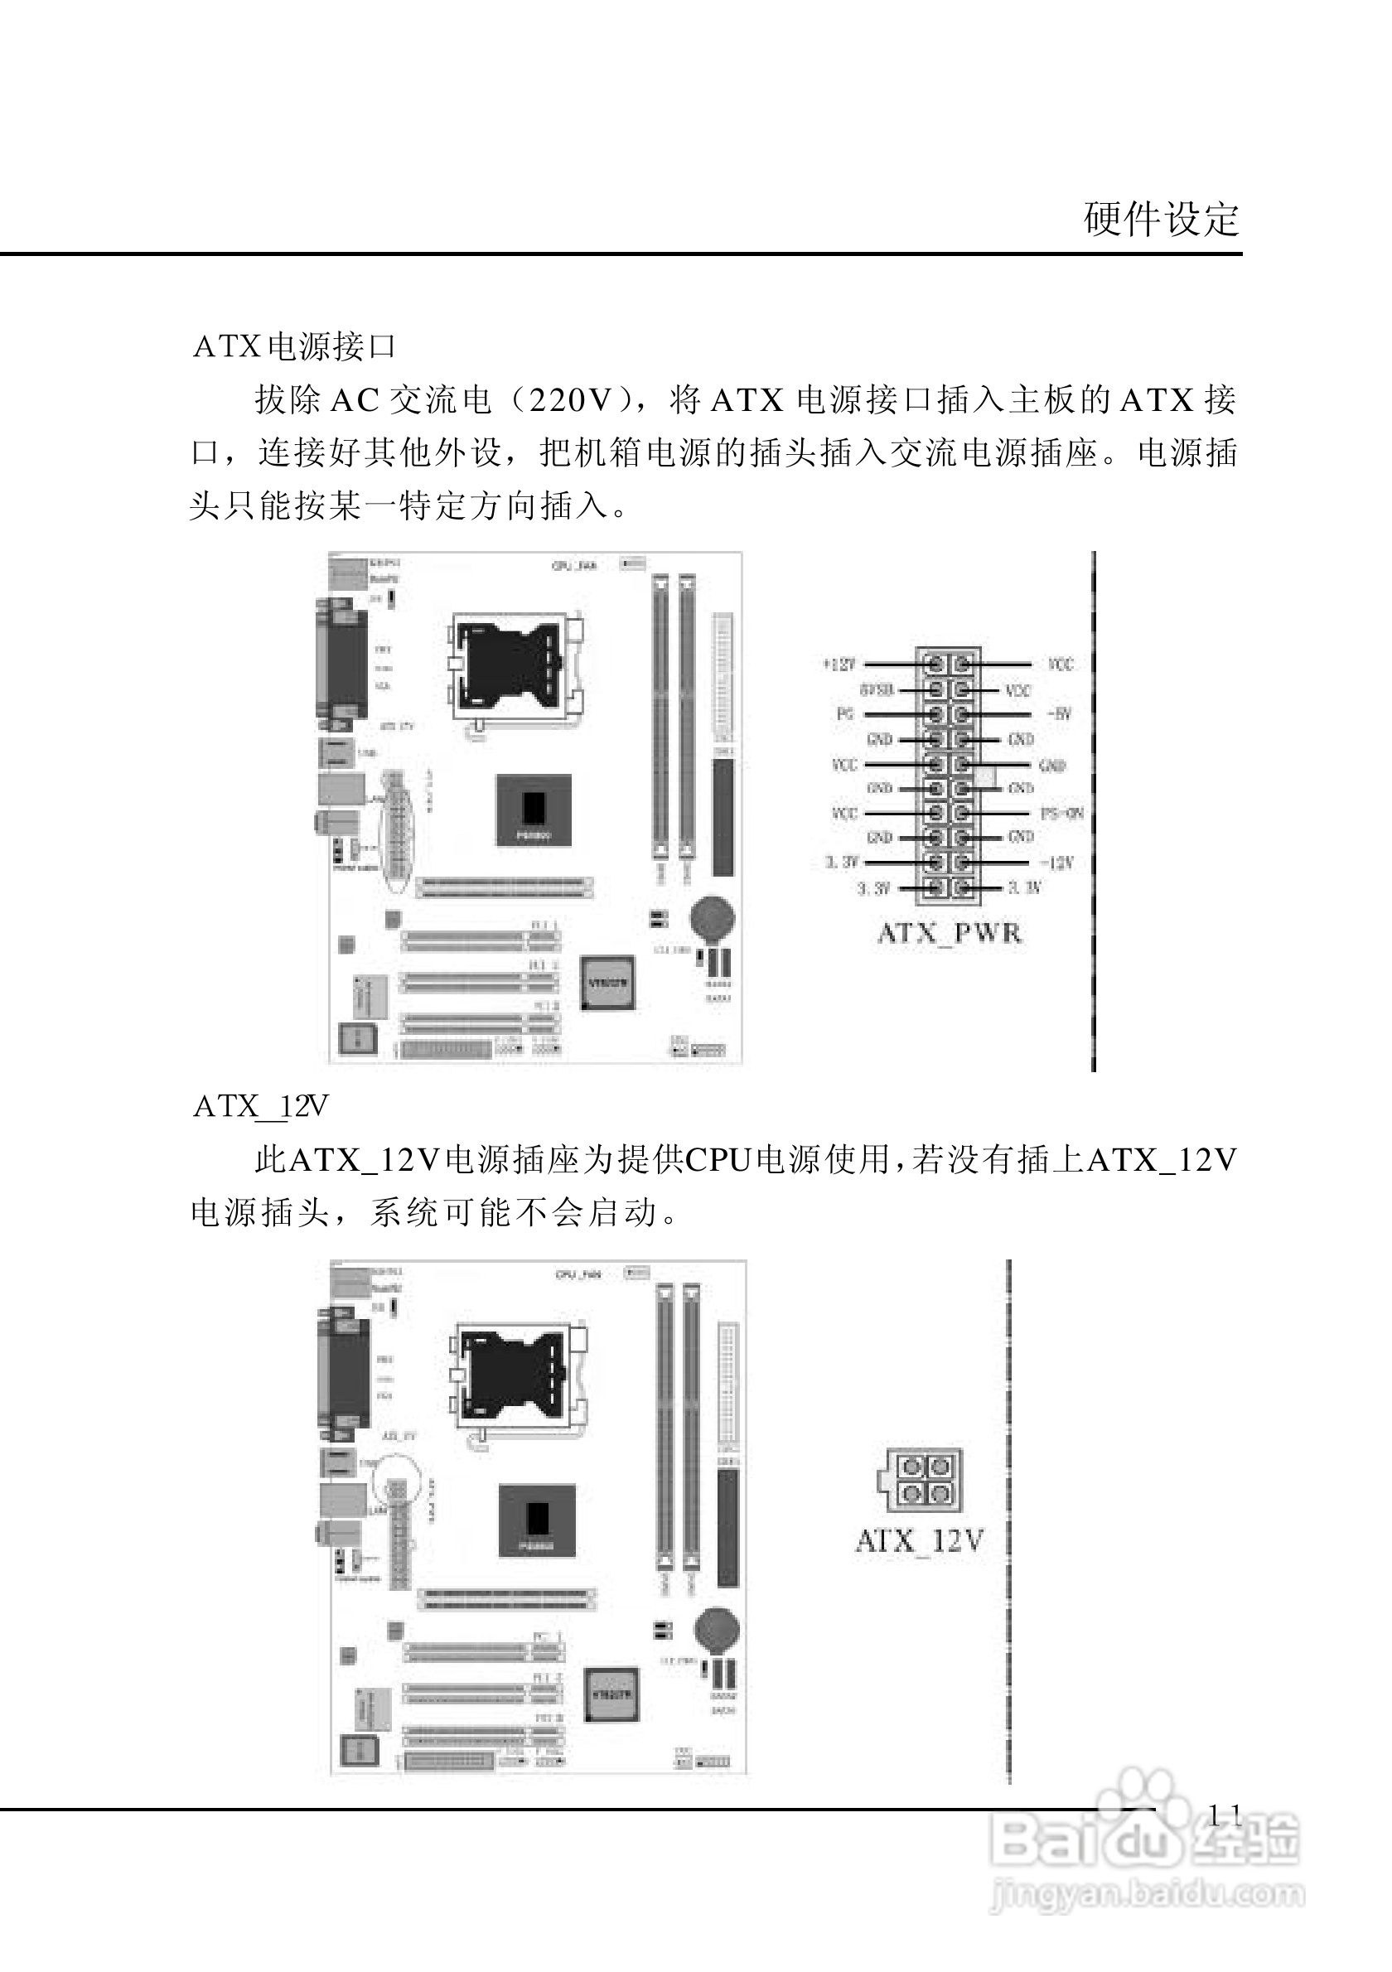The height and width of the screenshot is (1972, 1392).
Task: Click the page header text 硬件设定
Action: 1161,219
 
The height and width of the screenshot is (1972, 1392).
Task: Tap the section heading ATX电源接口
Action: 294,346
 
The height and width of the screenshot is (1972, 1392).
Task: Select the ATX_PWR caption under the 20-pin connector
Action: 949,933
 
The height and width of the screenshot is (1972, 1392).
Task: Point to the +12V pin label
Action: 839,664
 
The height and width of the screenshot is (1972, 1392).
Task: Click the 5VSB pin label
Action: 876,689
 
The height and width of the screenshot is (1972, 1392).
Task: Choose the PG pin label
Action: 844,713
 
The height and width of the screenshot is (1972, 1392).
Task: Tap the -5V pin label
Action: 1059,713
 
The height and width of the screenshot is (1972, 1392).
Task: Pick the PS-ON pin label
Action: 1061,813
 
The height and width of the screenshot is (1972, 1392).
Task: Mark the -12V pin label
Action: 1056,863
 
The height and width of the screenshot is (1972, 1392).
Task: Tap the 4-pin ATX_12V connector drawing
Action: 921,1480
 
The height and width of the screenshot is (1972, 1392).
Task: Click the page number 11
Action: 1225,1815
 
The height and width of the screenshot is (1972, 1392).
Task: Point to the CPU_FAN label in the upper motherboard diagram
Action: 573,566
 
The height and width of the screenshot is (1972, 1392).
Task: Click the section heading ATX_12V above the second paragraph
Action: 260,1106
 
